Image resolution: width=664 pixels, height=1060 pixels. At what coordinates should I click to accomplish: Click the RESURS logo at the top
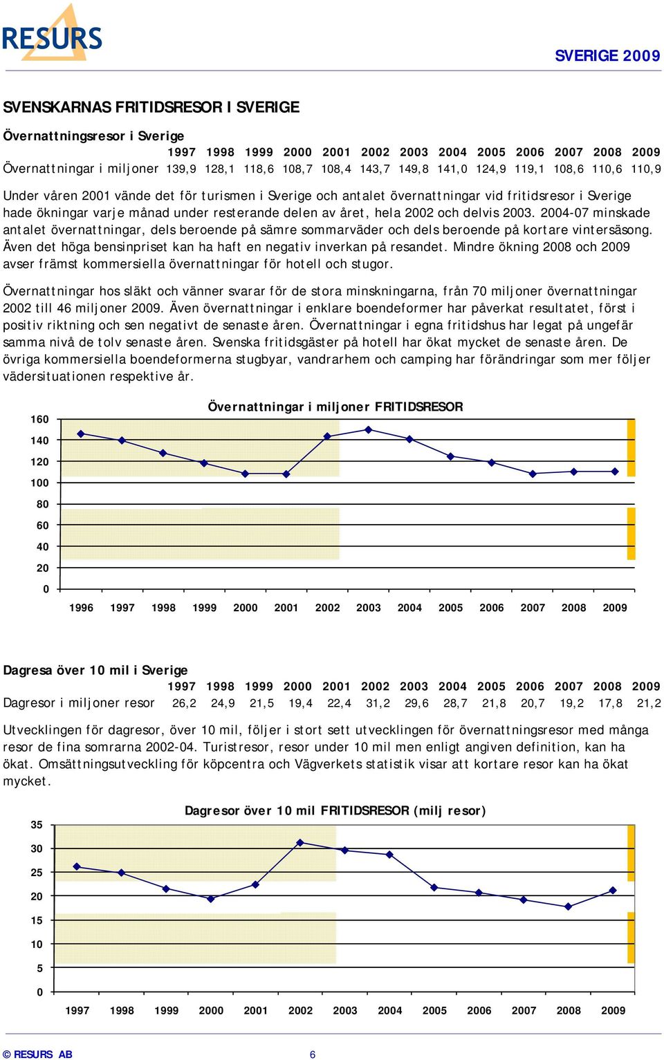[52, 33]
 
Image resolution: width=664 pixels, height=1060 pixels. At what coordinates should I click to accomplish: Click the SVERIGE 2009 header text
[607, 56]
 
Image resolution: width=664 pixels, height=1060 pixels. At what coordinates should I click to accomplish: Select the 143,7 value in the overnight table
[375, 169]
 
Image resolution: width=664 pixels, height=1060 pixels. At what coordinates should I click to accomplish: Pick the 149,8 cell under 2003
[414, 169]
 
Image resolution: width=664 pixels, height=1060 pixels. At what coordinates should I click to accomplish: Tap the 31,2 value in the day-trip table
[378, 703]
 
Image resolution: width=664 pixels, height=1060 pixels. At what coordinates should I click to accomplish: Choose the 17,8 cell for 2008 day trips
[610, 703]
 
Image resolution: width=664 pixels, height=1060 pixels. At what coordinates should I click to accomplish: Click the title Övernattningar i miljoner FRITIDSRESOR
[335, 407]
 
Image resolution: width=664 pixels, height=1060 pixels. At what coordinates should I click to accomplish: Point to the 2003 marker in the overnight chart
[368, 429]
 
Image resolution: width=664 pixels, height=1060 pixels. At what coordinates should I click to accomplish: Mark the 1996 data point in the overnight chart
[81, 434]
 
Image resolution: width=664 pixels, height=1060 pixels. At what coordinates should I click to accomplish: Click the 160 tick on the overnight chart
[39, 419]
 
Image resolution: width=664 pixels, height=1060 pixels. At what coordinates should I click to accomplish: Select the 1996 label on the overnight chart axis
[81, 608]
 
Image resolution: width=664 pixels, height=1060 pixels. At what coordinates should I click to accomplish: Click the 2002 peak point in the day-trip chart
[300, 842]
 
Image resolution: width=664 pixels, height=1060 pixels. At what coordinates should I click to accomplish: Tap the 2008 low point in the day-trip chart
[568, 906]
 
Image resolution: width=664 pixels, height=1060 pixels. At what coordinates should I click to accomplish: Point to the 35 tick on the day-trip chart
[37, 825]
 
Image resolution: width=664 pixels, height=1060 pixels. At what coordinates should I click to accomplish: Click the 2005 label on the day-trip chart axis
[434, 1010]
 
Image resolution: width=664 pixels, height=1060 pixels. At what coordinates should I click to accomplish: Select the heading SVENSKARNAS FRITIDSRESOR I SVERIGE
[151, 107]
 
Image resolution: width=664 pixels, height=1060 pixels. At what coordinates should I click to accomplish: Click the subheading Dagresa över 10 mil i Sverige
[95, 670]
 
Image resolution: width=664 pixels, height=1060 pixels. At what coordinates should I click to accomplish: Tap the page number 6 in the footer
[313, 1054]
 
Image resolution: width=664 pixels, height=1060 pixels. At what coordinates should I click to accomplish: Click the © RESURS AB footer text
[38, 1054]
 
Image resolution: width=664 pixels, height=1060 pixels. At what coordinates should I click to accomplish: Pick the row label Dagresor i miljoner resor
[79, 703]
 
